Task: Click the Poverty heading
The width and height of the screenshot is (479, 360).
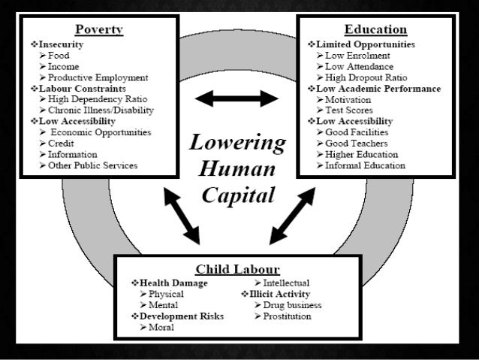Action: tap(99, 29)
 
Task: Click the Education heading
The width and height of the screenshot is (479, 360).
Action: tap(375, 29)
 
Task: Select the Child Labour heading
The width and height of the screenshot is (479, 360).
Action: tap(237, 268)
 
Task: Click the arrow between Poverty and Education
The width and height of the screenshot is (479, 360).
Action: tap(236, 98)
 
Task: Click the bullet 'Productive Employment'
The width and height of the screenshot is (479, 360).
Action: tap(98, 77)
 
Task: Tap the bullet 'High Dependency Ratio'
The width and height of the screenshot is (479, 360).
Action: tap(98, 99)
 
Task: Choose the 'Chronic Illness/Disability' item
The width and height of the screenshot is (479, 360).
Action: tap(101, 110)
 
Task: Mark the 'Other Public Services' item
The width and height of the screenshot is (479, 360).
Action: tap(93, 165)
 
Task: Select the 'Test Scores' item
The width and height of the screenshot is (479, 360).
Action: tap(349, 110)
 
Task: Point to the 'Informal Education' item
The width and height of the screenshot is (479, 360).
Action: tap(366, 165)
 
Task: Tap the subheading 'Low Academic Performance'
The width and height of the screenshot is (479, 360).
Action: tap(378, 89)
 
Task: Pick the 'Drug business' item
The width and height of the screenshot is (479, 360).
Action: tap(292, 305)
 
